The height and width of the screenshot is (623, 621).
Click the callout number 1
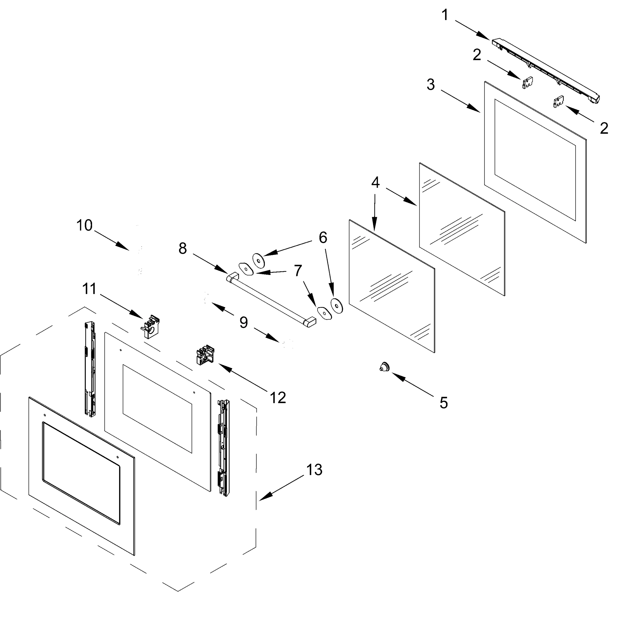click(x=445, y=15)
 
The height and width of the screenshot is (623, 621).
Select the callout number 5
click(x=444, y=403)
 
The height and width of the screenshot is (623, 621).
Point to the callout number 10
click(x=84, y=225)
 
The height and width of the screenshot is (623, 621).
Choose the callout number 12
click(x=278, y=398)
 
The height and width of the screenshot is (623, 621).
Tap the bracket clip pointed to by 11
click(x=150, y=327)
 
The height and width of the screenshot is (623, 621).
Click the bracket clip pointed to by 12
click(x=205, y=355)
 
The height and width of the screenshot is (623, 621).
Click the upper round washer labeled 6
click(x=259, y=260)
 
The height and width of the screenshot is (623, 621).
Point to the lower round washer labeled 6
click(x=337, y=305)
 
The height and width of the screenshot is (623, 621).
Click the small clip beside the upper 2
click(x=527, y=83)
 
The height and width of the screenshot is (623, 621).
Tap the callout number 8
click(x=182, y=249)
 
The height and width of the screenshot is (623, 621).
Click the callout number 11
click(x=89, y=289)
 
